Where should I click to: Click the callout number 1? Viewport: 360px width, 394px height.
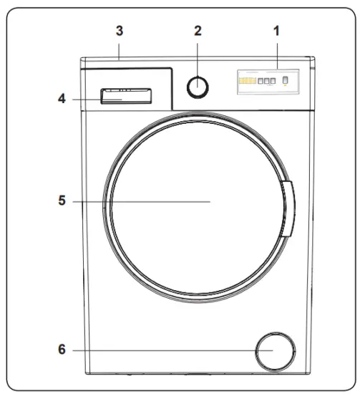point(276,32)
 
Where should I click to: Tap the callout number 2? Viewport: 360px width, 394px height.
point(198,31)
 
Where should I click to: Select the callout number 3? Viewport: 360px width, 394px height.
point(120,32)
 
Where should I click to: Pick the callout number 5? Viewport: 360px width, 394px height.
point(63,201)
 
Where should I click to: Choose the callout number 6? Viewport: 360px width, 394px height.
point(63,350)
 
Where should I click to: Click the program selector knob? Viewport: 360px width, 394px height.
point(198,87)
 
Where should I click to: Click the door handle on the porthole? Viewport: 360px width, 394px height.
point(288,208)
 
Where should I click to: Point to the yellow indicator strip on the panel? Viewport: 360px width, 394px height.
point(246,81)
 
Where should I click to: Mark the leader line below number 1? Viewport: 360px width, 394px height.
point(276,54)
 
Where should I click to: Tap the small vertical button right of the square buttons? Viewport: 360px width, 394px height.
point(285,80)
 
